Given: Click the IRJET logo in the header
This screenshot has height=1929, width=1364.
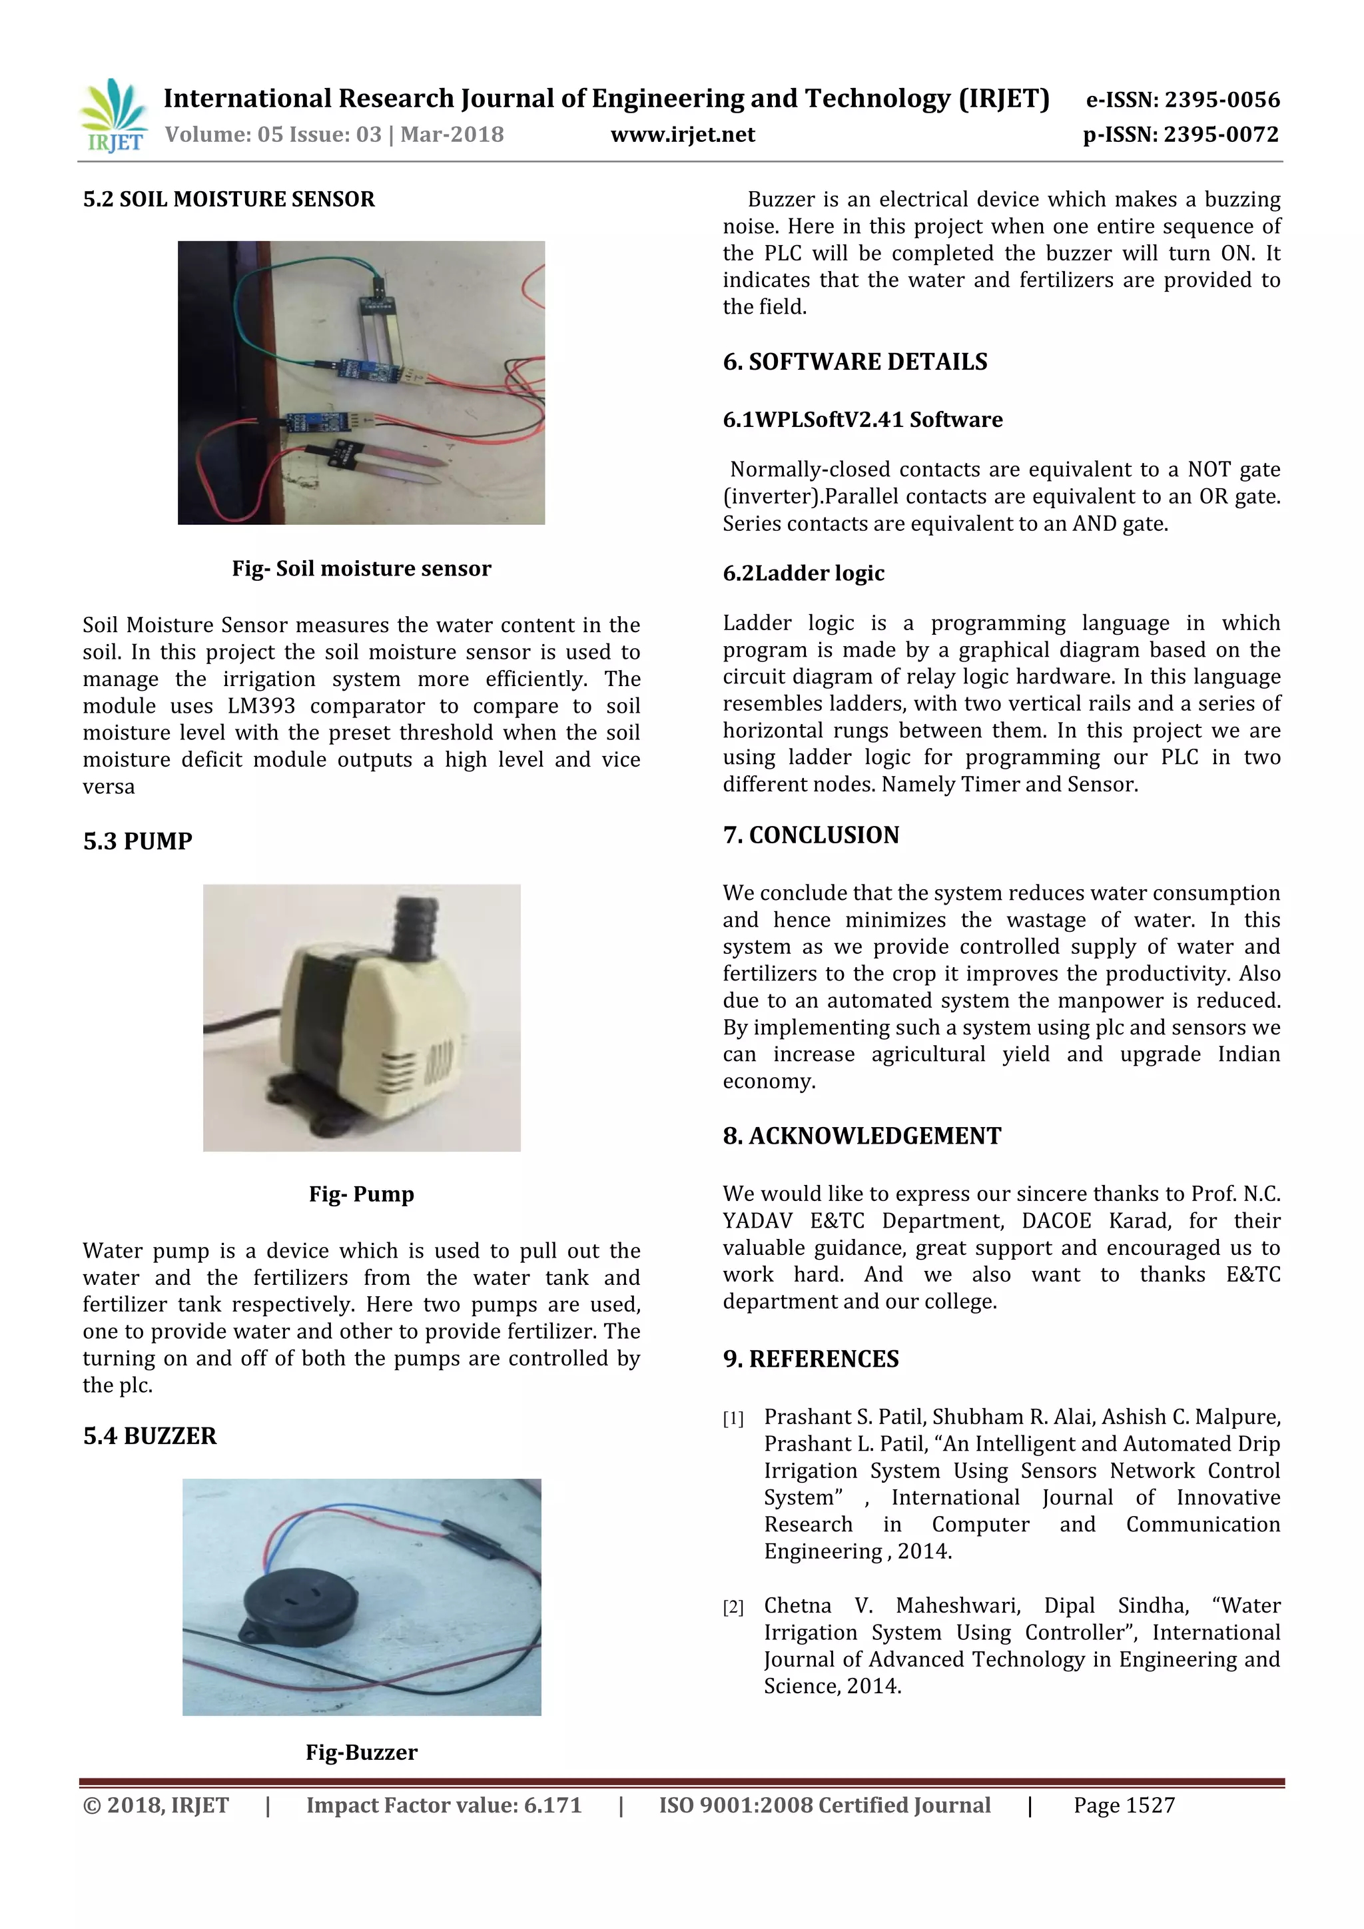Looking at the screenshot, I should click(x=113, y=116).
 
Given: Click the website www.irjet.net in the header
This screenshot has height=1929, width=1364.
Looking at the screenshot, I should click(x=682, y=135).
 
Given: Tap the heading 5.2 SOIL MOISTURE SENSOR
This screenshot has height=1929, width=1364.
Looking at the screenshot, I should click(x=228, y=199).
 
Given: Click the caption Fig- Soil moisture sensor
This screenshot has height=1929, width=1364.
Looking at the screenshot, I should click(x=361, y=569).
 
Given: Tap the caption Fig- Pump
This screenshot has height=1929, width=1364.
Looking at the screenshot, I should click(x=361, y=1194).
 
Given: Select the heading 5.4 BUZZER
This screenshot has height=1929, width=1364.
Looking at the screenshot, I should click(x=149, y=1436).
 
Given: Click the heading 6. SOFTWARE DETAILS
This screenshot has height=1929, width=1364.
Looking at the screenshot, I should click(x=855, y=362).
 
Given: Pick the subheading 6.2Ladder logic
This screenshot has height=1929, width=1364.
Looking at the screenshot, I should click(x=803, y=573).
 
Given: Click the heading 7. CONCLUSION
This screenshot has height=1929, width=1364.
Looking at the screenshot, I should click(x=811, y=835).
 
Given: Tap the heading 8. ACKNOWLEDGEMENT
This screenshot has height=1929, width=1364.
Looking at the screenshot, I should click(x=862, y=1136).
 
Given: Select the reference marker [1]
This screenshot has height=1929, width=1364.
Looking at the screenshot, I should click(x=733, y=1419).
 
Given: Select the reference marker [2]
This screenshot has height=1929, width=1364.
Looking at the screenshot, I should click(x=733, y=1607).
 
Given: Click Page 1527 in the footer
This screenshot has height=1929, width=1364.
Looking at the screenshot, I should click(x=1124, y=1806).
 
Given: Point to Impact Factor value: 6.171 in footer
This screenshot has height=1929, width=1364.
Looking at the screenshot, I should click(x=444, y=1806).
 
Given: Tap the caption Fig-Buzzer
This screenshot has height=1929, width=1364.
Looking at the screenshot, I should click(x=361, y=1752).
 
